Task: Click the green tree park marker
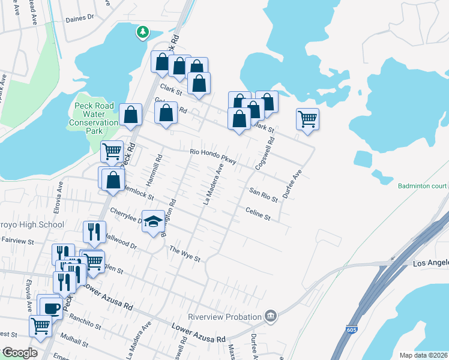coord(142,32)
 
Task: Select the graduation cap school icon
coord(153,221)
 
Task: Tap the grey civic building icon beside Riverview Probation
coord(271,316)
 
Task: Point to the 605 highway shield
coord(350,330)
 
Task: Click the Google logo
coord(19,353)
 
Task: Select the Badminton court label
coord(423,186)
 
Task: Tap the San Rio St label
coord(263,194)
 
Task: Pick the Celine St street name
coord(259,213)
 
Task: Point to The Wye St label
coord(184,254)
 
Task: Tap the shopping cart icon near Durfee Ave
coord(307,119)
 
